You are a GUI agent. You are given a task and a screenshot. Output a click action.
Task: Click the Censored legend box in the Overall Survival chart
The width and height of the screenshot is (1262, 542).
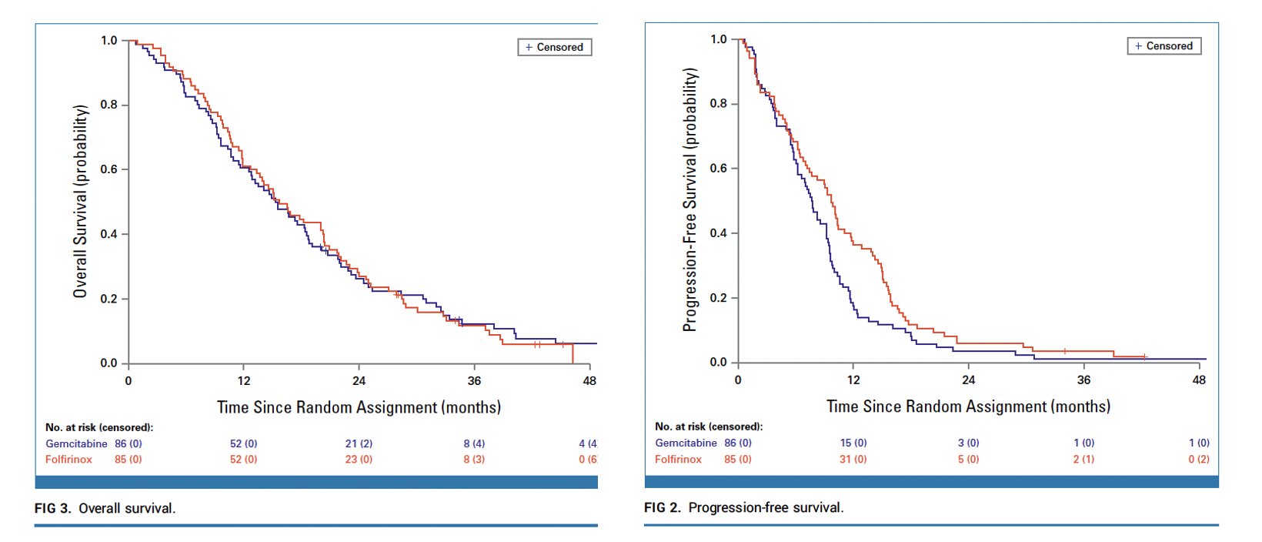click(x=554, y=47)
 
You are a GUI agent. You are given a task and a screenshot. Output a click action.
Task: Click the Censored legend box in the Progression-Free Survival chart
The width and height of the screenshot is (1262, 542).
click(x=1164, y=46)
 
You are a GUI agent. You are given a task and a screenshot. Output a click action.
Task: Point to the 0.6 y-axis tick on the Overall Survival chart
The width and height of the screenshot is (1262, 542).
click(x=109, y=169)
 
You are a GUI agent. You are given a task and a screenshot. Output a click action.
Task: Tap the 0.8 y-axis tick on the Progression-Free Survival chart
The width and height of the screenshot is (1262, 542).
click(x=718, y=104)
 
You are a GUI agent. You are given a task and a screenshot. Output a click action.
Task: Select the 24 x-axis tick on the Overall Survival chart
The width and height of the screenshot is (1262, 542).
click(x=359, y=380)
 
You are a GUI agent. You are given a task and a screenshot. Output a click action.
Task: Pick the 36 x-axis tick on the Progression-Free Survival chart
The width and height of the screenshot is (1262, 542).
click(x=1083, y=380)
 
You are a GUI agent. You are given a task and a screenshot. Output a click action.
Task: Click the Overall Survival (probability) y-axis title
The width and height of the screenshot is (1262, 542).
click(x=80, y=202)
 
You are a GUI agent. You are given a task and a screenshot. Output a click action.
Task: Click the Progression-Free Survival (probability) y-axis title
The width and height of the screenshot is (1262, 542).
click(x=690, y=200)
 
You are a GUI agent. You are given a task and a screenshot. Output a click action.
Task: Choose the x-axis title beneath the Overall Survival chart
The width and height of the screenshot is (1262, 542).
click(x=359, y=407)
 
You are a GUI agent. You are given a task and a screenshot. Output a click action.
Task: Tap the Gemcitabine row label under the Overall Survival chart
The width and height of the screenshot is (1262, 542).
click(x=76, y=443)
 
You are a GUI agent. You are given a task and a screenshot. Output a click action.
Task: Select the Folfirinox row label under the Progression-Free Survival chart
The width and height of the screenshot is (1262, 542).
click(x=678, y=459)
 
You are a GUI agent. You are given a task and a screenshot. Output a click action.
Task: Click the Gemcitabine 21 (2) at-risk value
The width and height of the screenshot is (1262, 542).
click(x=359, y=443)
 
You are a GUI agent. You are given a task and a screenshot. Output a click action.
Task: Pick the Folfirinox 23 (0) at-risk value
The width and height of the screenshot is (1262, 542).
click(x=359, y=459)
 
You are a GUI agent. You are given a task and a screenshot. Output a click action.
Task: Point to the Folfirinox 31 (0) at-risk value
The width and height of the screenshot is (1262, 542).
click(x=853, y=459)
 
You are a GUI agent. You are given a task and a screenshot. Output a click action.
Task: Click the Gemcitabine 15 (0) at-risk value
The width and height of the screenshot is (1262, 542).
click(x=853, y=443)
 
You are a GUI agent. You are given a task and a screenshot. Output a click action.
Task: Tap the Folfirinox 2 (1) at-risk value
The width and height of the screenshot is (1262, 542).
click(x=1083, y=459)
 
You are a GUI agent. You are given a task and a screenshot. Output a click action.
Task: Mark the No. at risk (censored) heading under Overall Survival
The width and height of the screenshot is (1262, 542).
click(x=98, y=427)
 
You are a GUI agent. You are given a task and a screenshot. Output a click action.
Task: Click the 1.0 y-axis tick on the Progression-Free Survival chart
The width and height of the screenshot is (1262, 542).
click(x=718, y=39)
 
